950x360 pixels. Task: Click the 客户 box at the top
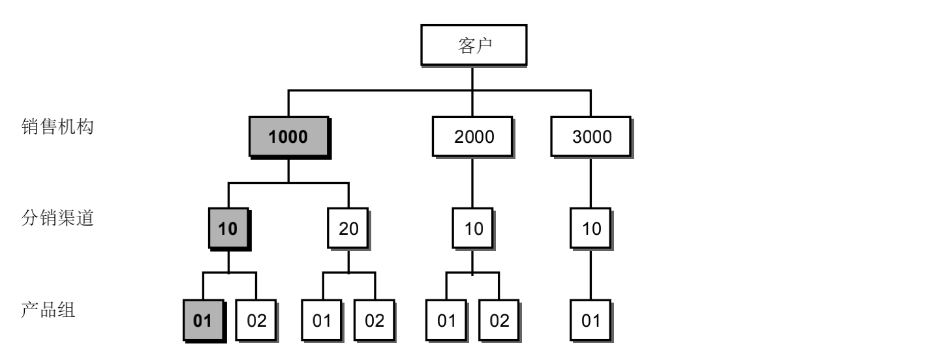474,45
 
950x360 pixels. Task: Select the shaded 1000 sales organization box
289,137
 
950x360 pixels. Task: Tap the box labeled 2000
473,137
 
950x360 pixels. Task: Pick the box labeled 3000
591,137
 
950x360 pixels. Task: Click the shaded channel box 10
229,228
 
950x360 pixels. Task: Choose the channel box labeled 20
348,228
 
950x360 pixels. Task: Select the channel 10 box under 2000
473,228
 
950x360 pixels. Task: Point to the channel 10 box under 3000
590,228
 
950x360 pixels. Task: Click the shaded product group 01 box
204,321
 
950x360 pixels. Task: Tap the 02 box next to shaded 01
256,321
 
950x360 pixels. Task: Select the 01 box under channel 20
322,321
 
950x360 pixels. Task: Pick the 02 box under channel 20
375,321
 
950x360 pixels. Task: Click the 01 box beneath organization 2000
446,321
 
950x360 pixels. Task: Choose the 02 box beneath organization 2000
499,321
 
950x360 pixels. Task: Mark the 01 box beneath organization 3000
590,321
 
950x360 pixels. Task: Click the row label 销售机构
57,127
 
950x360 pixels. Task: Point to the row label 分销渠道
57,218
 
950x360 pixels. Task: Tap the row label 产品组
48,310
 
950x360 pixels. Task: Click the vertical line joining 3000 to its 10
590,183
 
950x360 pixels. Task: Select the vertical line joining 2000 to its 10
472,183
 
